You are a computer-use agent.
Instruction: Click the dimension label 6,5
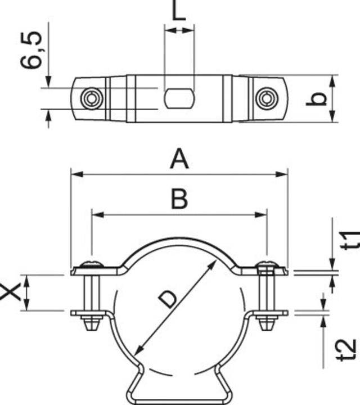pyautogui.click(x=31, y=50)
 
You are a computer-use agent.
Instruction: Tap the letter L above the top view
pyautogui.click(x=179, y=10)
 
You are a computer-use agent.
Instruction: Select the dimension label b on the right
pyautogui.click(x=316, y=99)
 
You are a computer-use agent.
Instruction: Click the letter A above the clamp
pyautogui.click(x=179, y=160)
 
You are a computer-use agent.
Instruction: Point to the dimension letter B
pyautogui.click(x=179, y=199)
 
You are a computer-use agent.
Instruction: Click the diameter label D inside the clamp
pyautogui.click(x=168, y=299)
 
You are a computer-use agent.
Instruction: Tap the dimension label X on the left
pyautogui.click(x=10, y=291)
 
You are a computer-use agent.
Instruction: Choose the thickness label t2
pyautogui.click(x=348, y=350)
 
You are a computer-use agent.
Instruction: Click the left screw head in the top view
pyautogui.click(x=92, y=98)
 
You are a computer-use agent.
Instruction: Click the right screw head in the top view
pyautogui.click(x=267, y=98)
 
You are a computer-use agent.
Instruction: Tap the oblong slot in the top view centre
pyautogui.click(x=179, y=98)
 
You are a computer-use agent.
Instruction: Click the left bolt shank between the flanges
pyautogui.click(x=92, y=293)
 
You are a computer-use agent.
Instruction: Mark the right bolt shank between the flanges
pyautogui.click(x=267, y=293)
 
